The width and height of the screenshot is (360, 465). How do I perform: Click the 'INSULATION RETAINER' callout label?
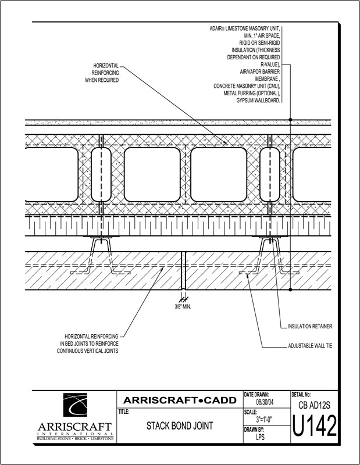click(x=310, y=327)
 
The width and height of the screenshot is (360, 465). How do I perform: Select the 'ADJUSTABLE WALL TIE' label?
click(x=310, y=346)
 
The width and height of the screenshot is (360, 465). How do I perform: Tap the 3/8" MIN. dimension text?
click(x=183, y=307)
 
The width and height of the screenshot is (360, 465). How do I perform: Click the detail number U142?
click(x=315, y=426)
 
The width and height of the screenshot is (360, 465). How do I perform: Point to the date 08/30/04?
click(x=265, y=402)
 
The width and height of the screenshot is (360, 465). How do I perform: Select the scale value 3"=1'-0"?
click(x=264, y=420)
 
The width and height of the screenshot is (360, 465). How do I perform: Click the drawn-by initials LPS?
click(x=260, y=437)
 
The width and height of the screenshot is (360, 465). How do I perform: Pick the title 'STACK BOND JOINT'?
click(x=180, y=426)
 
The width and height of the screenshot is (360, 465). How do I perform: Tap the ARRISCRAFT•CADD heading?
click(x=180, y=400)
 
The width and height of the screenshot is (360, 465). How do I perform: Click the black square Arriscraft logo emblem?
click(x=75, y=405)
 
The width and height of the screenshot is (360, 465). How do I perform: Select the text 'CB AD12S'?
click(x=314, y=405)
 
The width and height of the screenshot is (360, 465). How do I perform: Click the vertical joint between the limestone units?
click(x=183, y=271)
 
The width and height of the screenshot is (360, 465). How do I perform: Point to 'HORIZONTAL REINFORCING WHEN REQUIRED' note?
click(x=102, y=73)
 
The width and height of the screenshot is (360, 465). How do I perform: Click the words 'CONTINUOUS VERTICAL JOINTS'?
click(x=88, y=351)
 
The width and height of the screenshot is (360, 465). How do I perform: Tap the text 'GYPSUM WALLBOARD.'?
click(x=258, y=101)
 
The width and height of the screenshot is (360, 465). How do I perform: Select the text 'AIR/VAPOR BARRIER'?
click(x=260, y=71)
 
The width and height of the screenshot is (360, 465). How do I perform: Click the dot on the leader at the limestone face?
click(x=290, y=289)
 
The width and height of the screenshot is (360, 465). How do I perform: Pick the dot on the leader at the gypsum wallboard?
click(x=290, y=120)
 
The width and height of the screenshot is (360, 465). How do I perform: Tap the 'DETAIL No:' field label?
click(x=301, y=395)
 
